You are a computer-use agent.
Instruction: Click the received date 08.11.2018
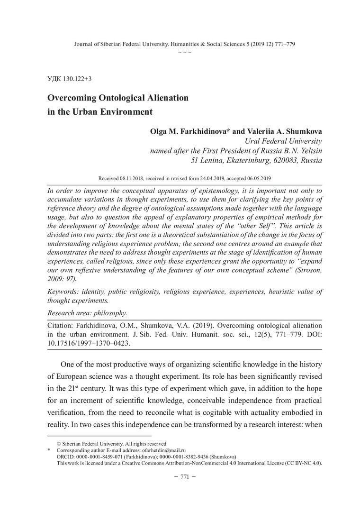tap(138, 178)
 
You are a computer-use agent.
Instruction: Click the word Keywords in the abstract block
tap(64, 292)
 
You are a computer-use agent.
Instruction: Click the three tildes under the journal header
tap(184, 51)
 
